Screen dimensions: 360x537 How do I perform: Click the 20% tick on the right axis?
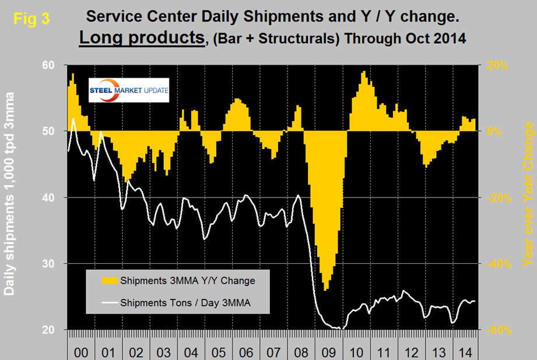[x=491, y=65]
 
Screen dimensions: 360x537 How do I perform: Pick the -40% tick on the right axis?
[x=491, y=264]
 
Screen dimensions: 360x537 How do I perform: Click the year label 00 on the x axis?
[x=82, y=353]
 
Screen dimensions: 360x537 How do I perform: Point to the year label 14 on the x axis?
[x=465, y=353]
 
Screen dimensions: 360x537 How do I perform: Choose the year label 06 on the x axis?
[x=245, y=353]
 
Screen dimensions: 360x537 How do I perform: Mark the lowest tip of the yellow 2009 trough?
[x=325, y=290]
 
